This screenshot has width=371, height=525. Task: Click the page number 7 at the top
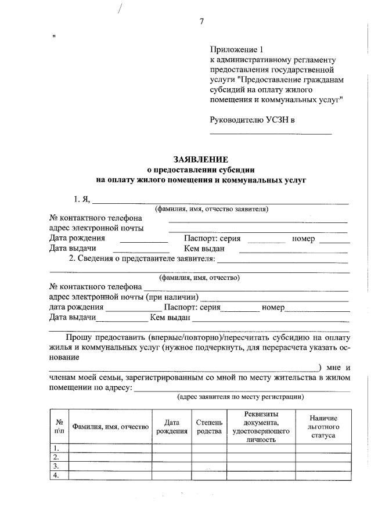pos(201,21)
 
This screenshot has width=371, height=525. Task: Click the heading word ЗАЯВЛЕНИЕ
pos(200,159)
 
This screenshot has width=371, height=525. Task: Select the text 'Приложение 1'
pos(234,49)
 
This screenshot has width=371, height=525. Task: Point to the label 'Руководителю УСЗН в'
pos(253,120)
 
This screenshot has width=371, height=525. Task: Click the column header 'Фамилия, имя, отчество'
pos(110,427)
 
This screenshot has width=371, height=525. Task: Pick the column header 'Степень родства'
pos(209,427)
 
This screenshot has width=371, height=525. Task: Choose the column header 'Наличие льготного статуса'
pos(323,427)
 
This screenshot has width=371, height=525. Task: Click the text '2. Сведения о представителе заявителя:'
pos(142,258)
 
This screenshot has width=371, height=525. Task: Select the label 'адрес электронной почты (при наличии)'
pos(125,297)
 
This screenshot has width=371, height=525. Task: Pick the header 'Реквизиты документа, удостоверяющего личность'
pos(261,427)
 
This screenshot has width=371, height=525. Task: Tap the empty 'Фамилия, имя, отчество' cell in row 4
pos(110,476)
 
